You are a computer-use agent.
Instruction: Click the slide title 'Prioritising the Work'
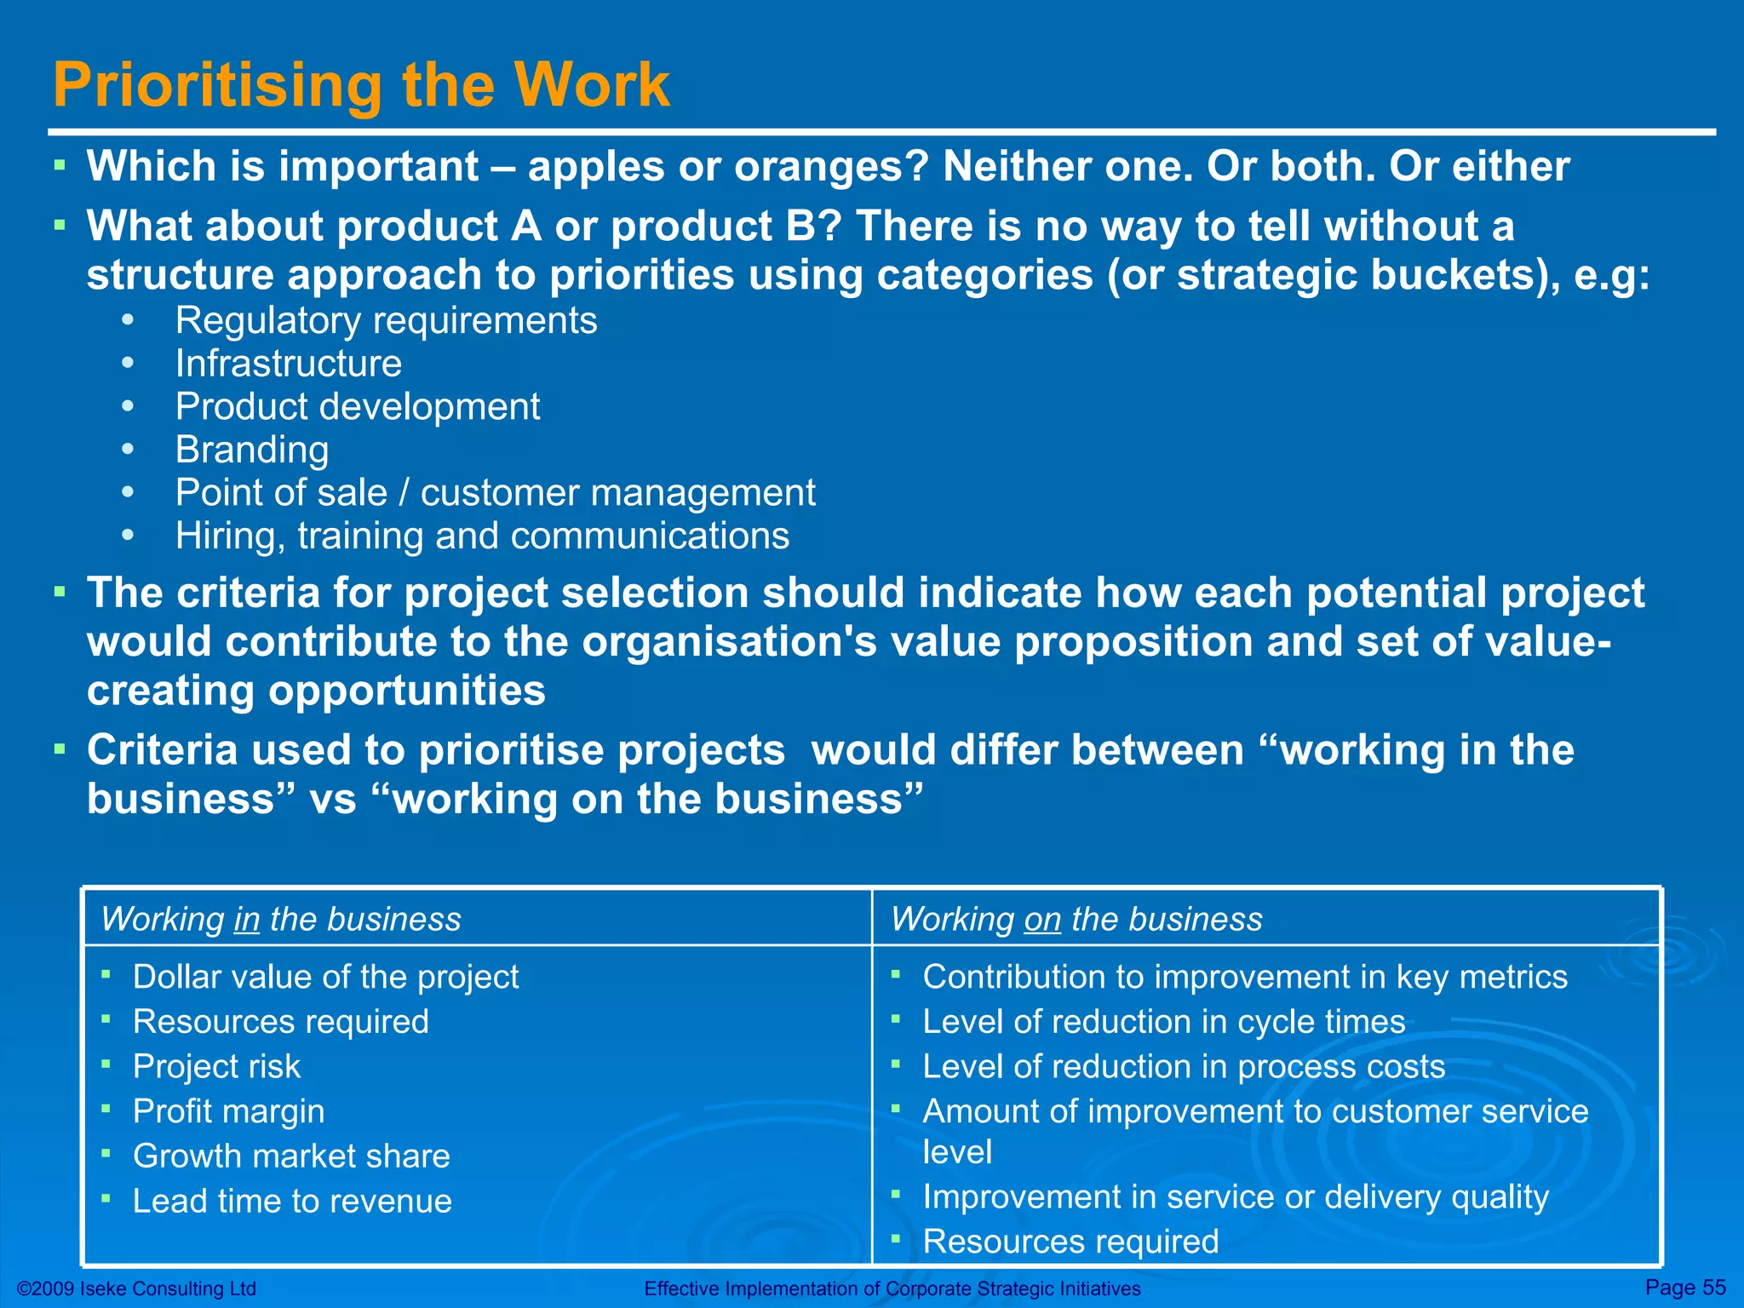(361, 85)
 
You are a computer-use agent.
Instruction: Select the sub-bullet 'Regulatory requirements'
(386, 321)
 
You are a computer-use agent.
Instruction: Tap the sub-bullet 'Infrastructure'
(288, 364)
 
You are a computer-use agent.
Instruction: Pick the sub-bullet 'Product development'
(357, 407)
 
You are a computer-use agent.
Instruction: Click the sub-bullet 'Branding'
(251, 450)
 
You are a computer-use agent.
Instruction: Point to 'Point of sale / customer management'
(495, 493)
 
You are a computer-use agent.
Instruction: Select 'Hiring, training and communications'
(482, 536)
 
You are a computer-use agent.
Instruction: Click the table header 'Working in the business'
(280, 920)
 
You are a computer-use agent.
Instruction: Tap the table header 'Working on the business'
(1076, 920)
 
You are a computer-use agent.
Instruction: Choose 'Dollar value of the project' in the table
(325, 977)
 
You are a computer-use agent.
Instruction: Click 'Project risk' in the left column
(216, 1067)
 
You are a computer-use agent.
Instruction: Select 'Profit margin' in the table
(228, 1111)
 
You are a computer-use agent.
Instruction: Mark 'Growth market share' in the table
(291, 1156)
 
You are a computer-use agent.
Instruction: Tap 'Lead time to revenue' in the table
(292, 1202)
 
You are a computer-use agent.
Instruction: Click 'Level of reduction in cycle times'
(1163, 1022)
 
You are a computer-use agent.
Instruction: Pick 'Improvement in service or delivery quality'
(1235, 1197)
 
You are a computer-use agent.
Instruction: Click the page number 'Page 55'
(1685, 1287)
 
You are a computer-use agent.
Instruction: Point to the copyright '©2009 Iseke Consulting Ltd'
(136, 1289)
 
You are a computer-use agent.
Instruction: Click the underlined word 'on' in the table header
(1042, 920)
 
